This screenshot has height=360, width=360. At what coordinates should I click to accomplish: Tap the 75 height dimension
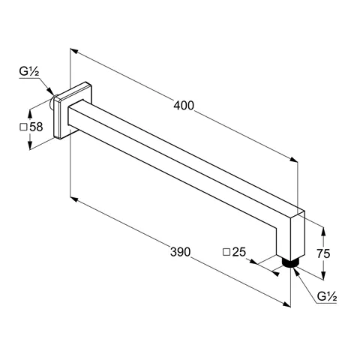coord(324,254)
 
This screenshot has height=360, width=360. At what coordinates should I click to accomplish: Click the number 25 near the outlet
coord(239,252)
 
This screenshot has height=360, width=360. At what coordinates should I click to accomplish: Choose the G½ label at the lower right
coord(326,298)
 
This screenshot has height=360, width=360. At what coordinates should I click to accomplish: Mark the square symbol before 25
coord(226,253)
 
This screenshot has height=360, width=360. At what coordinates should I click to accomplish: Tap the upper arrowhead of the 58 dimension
coord(30,109)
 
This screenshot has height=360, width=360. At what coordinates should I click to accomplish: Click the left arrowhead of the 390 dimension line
coord(72,199)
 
